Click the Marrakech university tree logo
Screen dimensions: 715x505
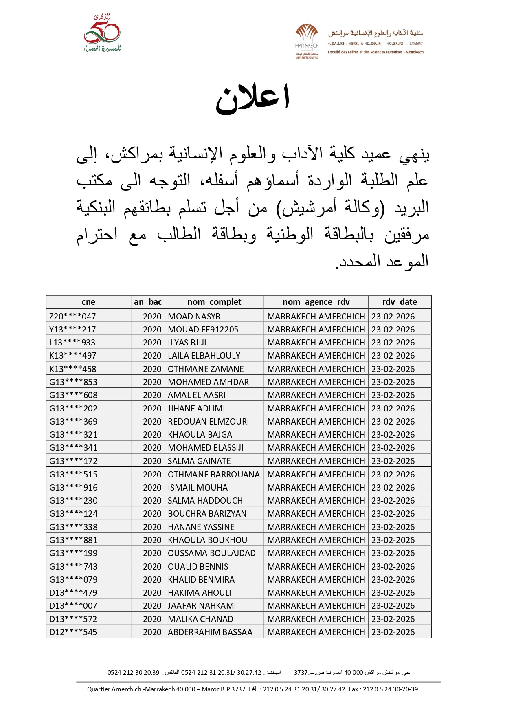click(307, 41)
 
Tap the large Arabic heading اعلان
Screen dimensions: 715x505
click(253, 99)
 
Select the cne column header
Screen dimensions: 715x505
click(88, 302)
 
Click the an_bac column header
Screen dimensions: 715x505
click(148, 302)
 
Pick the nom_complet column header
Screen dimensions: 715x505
click(214, 302)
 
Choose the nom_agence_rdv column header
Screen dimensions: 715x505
click(316, 302)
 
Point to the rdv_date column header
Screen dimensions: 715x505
click(400, 302)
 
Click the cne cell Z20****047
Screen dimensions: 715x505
click(72, 317)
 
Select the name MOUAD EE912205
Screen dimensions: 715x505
click(203, 330)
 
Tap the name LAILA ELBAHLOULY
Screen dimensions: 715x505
click(204, 356)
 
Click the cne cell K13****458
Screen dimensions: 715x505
click(73, 369)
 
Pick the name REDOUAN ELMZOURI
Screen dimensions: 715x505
click(208, 422)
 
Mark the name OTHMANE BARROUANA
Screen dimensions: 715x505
click(213, 475)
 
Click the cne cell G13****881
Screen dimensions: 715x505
click(73, 540)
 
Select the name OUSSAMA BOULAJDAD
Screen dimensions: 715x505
click(212, 553)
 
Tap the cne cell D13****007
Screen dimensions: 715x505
click(73, 606)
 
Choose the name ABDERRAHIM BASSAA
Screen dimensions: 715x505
click(210, 632)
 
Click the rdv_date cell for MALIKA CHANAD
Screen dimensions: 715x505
click(393, 619)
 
